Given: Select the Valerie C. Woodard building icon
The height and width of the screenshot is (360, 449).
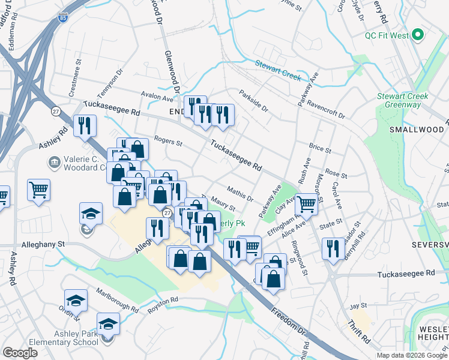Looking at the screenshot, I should pyautogui.click(x=54, y=161).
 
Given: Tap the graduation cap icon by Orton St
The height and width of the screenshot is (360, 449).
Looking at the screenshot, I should pyautogui.click(x=76, y=300).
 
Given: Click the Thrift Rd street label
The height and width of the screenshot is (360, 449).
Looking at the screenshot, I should pyautogui.click(x=358, y=333).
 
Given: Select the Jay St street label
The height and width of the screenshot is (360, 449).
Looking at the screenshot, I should pyautogui.click(x=358, y=306).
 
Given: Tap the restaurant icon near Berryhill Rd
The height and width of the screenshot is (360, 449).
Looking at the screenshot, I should pyautogui.click(x=333, y=247).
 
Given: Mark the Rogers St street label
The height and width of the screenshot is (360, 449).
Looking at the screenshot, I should pyautogui.click(x=168, y=142).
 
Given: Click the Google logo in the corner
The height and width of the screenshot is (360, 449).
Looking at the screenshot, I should pyautogui.click(x=20, y=352).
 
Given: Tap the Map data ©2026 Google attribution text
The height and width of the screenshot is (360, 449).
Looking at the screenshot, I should pyautogui.click(x=412, y=355).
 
